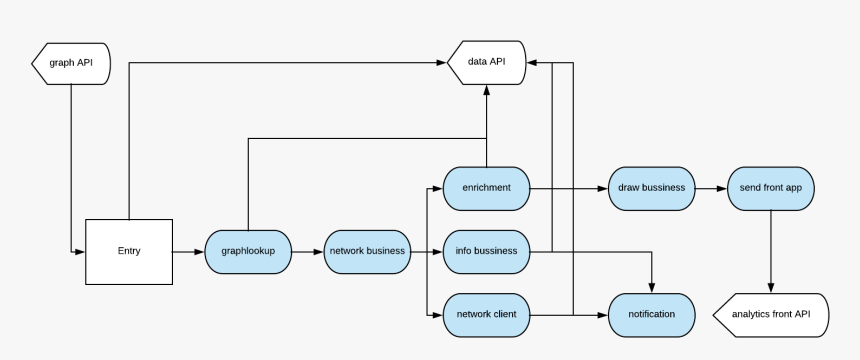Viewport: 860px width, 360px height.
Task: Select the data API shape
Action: pyautogui.click(x=487, y=62)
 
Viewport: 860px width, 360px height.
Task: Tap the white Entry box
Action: pyautogui.click(x=129, y=250)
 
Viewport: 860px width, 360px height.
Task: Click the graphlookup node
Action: pyautogui.click(x=248, y=251)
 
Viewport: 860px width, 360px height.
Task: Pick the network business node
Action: pyautogui.click(x=367, y=251)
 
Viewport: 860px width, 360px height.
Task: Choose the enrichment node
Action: pyautogui.click(x=486, y=188)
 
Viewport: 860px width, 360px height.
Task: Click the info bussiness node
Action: pyautogui.click(x=486, y=251)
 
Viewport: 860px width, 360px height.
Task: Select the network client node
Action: pyautogui.click(x=486, y=314)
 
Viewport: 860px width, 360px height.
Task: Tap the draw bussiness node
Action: pyautogui.click(x=651, y=188)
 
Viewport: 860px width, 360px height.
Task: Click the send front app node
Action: pyautogui.click(x=771, y=188)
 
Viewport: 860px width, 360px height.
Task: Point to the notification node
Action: pyautogui.click(x=651, y=314)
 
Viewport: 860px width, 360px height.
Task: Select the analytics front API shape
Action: pyautogui.click(x=771, y=314)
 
